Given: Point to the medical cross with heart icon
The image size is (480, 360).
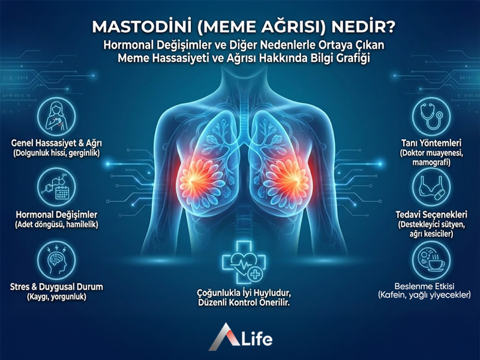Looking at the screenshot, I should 239,266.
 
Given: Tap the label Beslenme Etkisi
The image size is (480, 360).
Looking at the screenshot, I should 429,286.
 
